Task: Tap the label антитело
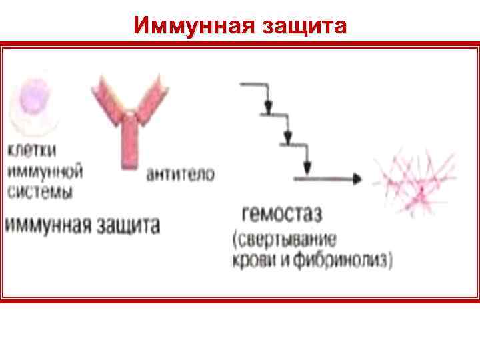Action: pyautogui.click(x=180, y=175)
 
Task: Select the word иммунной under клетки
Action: pyautogui.click(x=45, y=172)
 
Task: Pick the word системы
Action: pyautogui.click(x=41, y=193)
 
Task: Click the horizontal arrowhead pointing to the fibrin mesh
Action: pyautogui.click(x=357, y=179)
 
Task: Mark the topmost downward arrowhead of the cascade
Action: pyautogui.click(x=269, y=107)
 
